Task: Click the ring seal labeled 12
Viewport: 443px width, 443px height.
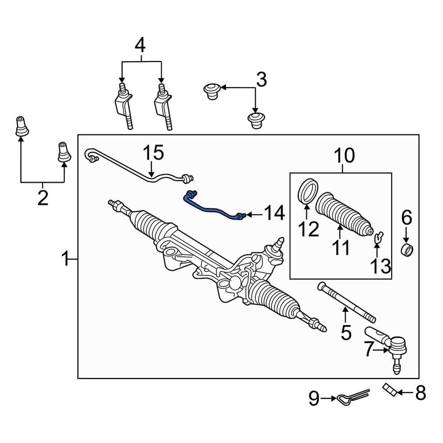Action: pyautogui.click(x=306, y=190)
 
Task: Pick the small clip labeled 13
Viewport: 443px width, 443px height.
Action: pyautogui.click(x=377, y=237)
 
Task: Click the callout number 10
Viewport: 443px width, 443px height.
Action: pyautogui.click(x=344, y=155)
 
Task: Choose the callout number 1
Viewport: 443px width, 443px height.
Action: pyautogui.click(x=66, y=258)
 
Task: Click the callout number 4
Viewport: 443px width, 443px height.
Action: pyautogui.click(x=140, y=45)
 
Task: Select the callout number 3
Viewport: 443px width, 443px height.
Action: pyautogui.click(x=261, y=80)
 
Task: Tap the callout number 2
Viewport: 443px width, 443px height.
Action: pyautogui.click(x=43, y=198)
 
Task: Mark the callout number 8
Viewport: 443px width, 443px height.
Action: pyautogui.click(x=420, y=392)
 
